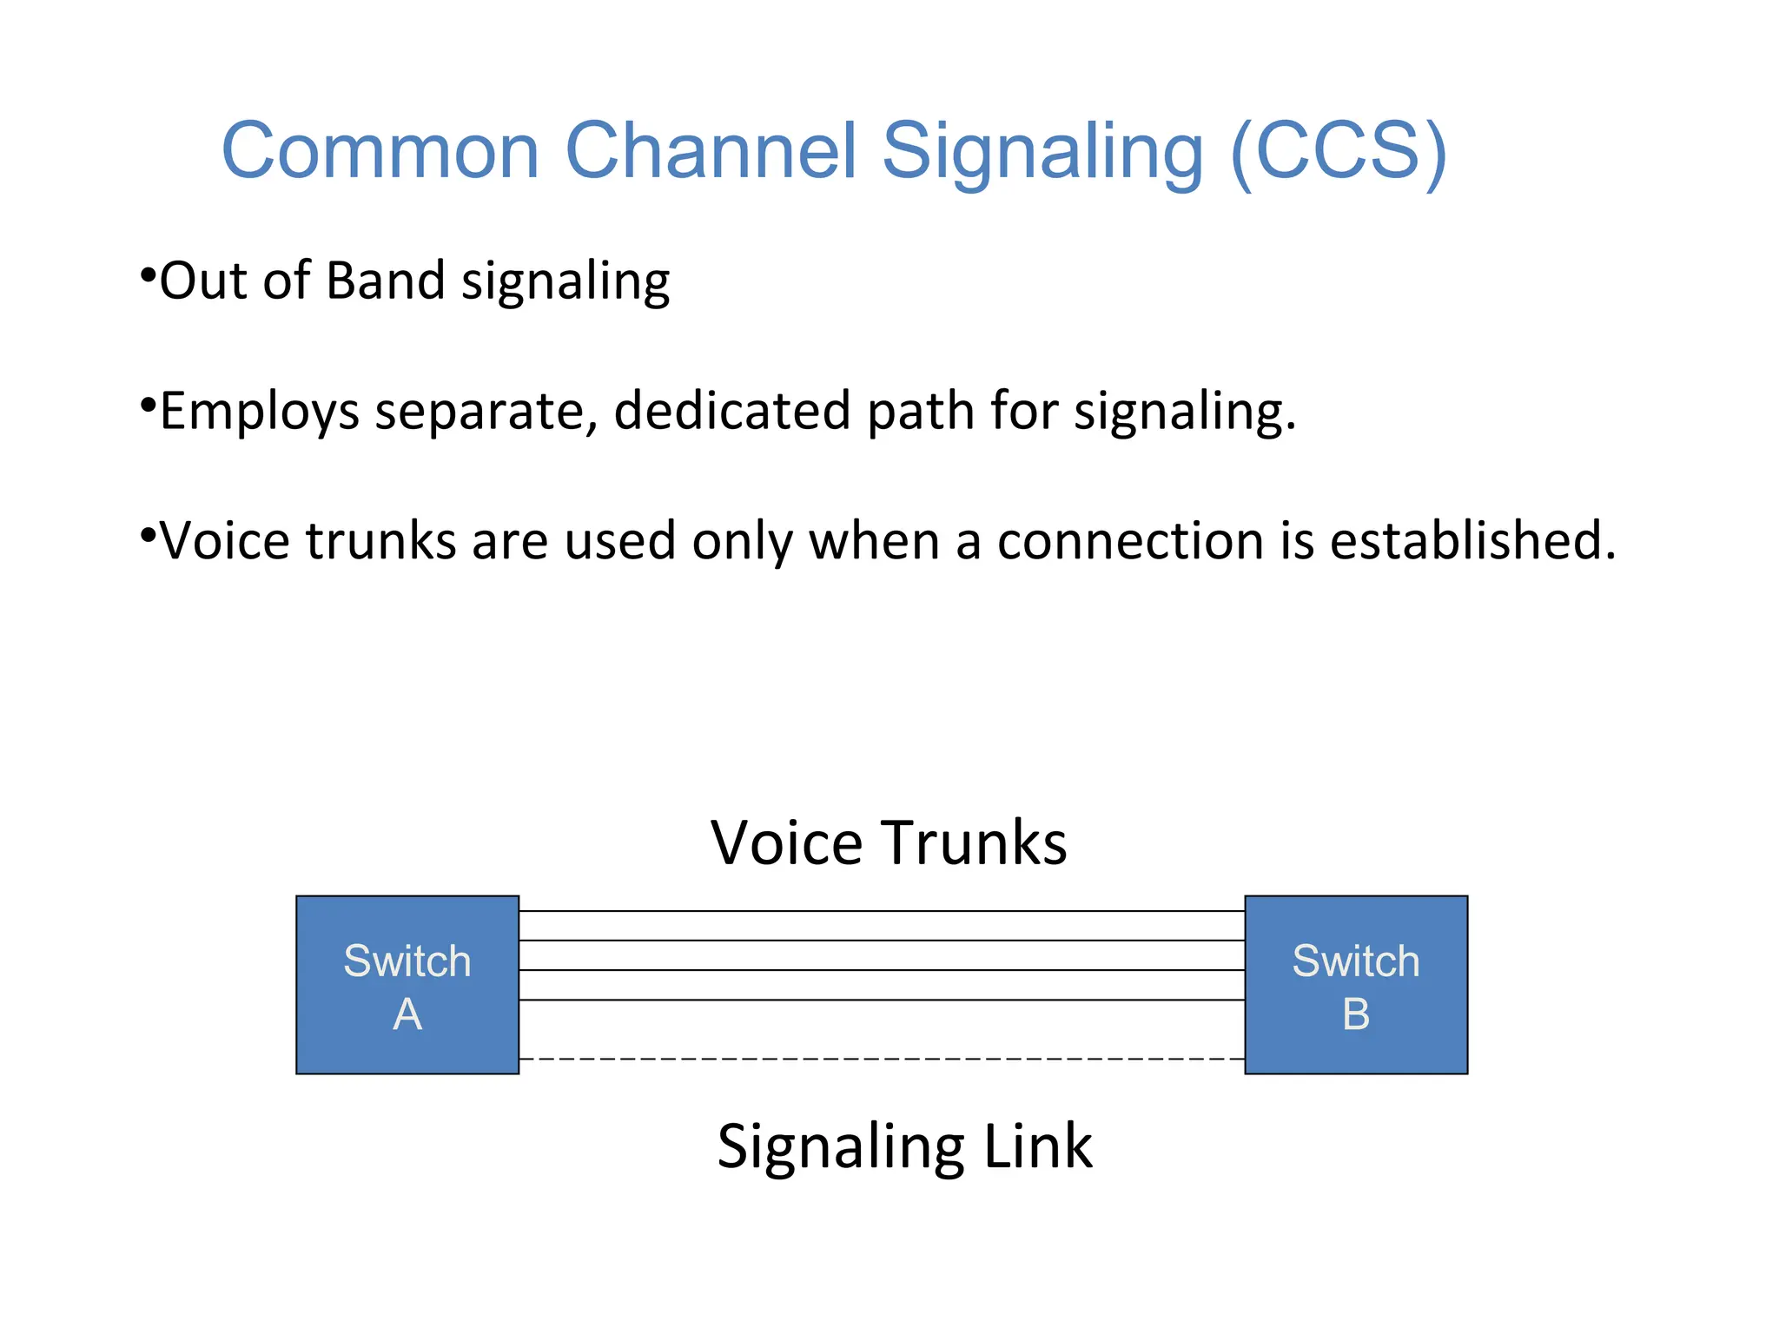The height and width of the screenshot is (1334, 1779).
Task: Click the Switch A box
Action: click(407, 985)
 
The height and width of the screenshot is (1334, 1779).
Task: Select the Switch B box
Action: click(1356, 985)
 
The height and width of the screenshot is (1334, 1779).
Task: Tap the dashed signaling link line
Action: click(882, 1059)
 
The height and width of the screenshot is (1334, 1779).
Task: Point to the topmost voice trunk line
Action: click(882, 911)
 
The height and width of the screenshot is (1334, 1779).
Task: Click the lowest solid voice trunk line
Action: click(882, 1000)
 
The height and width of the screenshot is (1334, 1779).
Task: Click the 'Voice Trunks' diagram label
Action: click(889, 842)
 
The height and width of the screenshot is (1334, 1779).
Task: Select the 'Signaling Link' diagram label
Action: click(904, 1146)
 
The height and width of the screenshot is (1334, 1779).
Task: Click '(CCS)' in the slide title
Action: click(1339, 150)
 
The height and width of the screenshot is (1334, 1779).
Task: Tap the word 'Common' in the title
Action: click(380, 150)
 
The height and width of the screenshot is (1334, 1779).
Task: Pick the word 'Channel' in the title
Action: click(711, 150)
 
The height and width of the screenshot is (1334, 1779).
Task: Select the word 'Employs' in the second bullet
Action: click(259, 412)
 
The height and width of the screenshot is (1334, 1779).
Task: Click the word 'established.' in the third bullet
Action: click(1473, 540)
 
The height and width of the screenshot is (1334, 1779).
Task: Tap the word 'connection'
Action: click(1130, 540)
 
